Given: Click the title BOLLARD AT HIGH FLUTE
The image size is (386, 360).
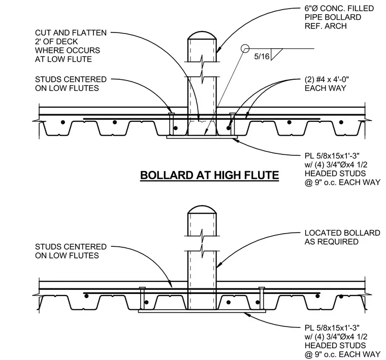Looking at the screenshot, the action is (209, 175).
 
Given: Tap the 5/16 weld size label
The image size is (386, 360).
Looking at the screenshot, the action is (262, 56).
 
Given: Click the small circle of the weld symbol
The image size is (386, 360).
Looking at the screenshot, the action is (245, 48).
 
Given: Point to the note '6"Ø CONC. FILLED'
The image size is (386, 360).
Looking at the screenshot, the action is (339, 8).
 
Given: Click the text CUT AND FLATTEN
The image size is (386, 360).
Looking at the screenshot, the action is (71, 32).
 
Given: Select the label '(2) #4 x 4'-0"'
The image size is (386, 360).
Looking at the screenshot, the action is (327, 80).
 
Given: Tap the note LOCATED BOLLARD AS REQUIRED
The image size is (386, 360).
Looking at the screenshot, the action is (342, 237).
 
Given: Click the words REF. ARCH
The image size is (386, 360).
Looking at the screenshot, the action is (326, 26).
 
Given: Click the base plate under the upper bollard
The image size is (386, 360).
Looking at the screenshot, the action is (202, 137).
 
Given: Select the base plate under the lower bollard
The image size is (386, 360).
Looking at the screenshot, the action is (202, 311).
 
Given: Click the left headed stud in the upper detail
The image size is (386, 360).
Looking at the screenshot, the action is (172, 124).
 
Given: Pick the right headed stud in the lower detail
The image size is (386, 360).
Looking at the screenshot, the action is (262, 298).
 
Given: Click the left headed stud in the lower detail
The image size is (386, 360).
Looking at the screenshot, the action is (142, 298).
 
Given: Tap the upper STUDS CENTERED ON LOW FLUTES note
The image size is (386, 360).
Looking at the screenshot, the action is (71, 84).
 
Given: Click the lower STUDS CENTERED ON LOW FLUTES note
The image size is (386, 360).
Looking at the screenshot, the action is (71, 251).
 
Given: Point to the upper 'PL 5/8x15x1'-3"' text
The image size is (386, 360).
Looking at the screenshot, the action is (332, 156).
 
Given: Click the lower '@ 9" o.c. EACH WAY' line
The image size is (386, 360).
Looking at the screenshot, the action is (342, 354).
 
